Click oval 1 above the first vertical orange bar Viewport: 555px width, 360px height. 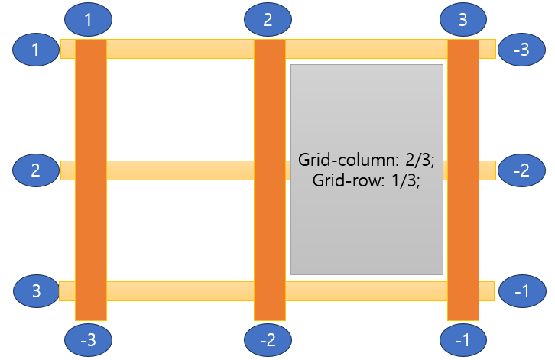[x=89, y=20]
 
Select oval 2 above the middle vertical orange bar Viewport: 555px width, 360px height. [x=268, y=20]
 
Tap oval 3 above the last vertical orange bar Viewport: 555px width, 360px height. [x=462, y=20]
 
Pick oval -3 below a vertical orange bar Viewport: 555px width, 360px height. [x=89, y=340]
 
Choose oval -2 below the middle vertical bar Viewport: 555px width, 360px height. [x=268, y=340]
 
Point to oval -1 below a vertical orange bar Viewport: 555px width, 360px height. [x=463, y=340]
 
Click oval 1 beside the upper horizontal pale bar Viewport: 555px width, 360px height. [x=36, y=50]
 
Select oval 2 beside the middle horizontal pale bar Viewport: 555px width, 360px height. [x=36, y=170]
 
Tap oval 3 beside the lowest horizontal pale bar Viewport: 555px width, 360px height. [x=36, y=291]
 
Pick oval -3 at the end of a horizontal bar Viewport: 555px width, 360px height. [x=521, y=50]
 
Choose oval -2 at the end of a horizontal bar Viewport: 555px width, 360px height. [x=521, y=170]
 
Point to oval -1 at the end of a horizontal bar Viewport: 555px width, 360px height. [x=521, y=291]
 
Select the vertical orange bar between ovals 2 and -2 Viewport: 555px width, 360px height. [x=269, y=229]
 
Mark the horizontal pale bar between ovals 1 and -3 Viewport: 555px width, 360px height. [x=183, y=49]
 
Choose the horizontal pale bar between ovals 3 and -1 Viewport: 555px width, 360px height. [x=183, y=291]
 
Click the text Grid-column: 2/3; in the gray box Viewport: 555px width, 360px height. [x=367, y=161]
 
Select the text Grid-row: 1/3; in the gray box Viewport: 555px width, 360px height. [x=367, y=180]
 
